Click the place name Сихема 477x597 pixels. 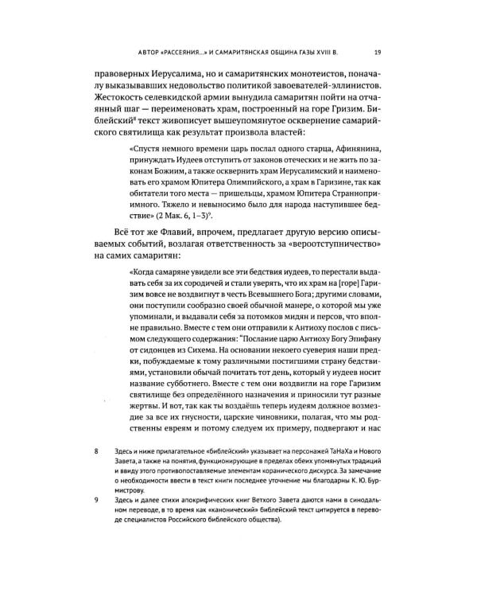(x=218, y=377)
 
